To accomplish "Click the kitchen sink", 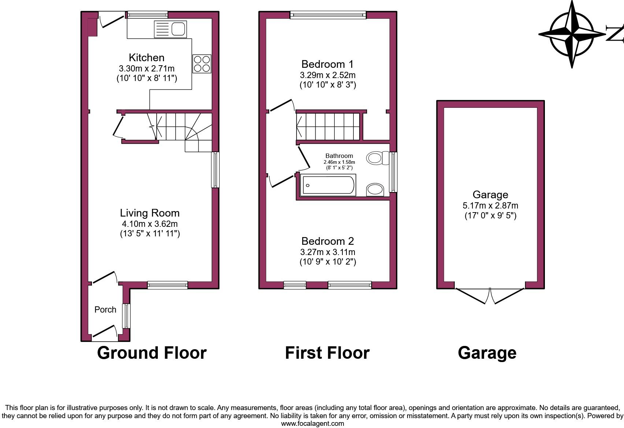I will [170, 29].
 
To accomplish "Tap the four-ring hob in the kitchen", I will [202, 64].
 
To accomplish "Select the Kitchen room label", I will [146, 58].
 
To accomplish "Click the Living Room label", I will [150, 213].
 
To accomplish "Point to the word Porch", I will [105, 310].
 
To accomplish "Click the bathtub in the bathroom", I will [328, 185].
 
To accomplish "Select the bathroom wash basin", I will [375, 190].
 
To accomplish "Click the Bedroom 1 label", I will [327, 64].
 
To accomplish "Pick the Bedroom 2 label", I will [327, 241].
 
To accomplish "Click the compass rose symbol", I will [572, 34].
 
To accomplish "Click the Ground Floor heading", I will [152, 353].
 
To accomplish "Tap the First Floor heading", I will [327, 353].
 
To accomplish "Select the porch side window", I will [126, 316].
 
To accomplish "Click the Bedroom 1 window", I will [328, 15].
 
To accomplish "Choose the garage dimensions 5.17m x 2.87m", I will [490, 206].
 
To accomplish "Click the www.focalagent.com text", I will [312, 424].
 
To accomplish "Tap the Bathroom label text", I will [339, 156].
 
